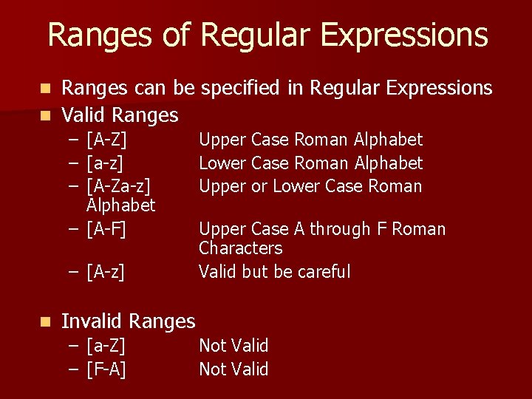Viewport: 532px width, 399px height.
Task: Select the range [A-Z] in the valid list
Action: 106,140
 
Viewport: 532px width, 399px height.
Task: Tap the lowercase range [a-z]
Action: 105,163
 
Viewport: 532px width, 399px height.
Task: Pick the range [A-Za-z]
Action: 118,186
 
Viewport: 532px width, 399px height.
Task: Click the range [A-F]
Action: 106,230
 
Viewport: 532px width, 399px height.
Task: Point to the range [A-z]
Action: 105,272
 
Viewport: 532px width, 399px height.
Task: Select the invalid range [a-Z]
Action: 106,346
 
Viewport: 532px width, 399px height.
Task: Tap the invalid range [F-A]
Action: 106,369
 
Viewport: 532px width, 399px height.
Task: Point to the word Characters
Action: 241,248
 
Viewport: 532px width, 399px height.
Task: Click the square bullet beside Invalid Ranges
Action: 45,321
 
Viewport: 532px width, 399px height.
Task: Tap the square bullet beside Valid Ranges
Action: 45,115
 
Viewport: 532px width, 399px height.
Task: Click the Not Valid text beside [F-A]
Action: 233,369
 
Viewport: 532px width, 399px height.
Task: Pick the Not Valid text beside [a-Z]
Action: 233,346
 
